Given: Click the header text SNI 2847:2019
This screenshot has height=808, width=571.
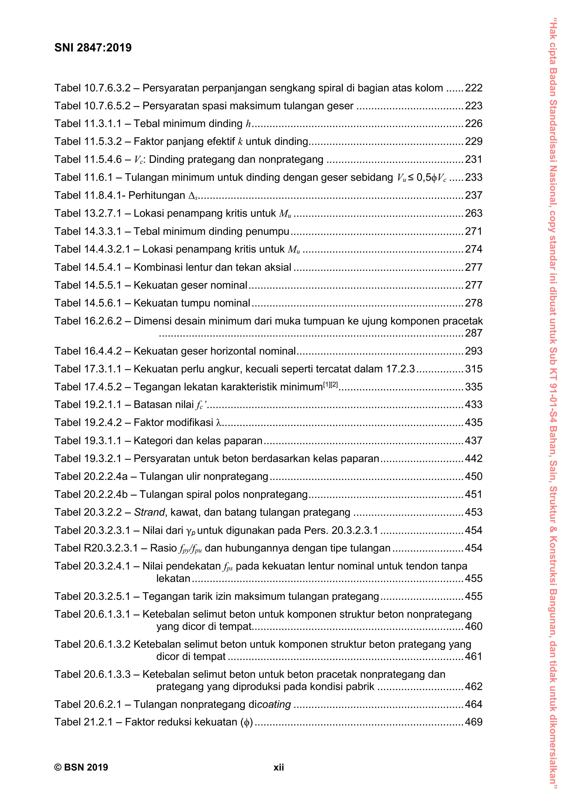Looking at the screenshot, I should (93, 48).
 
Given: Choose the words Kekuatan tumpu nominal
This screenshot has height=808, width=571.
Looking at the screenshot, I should (192, 303).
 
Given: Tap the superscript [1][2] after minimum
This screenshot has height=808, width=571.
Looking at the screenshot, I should (330, 385).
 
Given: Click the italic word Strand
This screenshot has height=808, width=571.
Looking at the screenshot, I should (149, 512).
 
